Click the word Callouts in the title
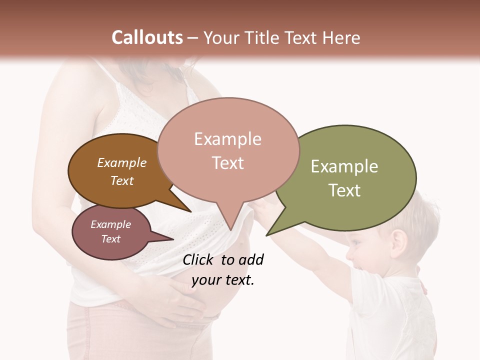pyautogui.click(x=147, y=38)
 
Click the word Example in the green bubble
pyautogui.click(x=344, y=166)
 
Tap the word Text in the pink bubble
pyautogui.click(x=228, y=163)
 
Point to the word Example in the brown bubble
pyautogui.click(x=122, y=163)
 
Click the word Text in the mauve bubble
pyautogui.click(x=111, y=239)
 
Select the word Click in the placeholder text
pyautogui.click(x=198, y=259)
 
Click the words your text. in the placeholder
pyautogui.click(x=223, y=280)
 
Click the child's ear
pyautogui.click(x=399, y=242)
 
